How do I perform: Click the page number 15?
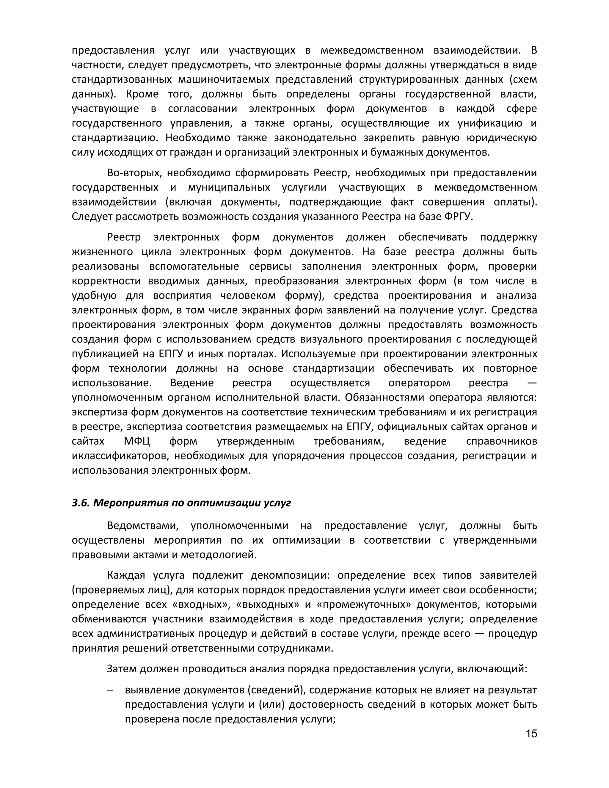pos(531,734)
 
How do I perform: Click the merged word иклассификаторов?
pos(119,456)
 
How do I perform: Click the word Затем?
pos(122,669)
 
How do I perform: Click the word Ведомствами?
pos(143,526)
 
